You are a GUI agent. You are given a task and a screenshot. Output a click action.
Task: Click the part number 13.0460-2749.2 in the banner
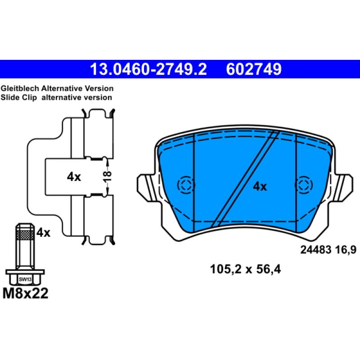pos(148,69)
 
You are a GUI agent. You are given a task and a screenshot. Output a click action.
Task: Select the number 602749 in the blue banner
pos(254,69)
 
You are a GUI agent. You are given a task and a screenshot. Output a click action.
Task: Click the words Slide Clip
pos(18,97)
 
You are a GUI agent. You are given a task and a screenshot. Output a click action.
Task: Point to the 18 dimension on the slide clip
pos(107,176)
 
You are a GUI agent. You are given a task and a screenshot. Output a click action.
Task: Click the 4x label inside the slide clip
pos(74,177)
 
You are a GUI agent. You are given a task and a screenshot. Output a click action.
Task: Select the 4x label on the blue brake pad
pos(260,187)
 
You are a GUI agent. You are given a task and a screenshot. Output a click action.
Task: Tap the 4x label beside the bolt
pos(43,233)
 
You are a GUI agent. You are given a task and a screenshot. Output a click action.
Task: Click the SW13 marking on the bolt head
pos(25,279)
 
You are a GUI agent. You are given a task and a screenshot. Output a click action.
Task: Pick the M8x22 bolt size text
pos(26,293)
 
